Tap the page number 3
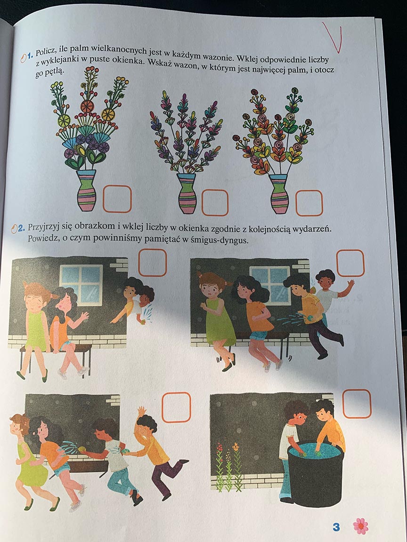[x=336, y=527]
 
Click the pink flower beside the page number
[x=361, y=526]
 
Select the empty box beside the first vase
[x=117, y=199]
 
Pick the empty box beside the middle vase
[x=215, y=203]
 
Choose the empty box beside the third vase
[x=309, y=203]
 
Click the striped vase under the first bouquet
[x=86, y=190]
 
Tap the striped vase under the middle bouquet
[x=187, y=193]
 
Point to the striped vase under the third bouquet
[x=279, y=194]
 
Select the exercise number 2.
[x=21, y=228]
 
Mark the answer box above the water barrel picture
[x=357, y=404]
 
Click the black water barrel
[x=316, y=475]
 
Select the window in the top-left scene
[x=81, y=285]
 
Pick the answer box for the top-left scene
[x=153, y=263]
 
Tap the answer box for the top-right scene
[x=350, y=263]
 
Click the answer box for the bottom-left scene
[x=177, y=407]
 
